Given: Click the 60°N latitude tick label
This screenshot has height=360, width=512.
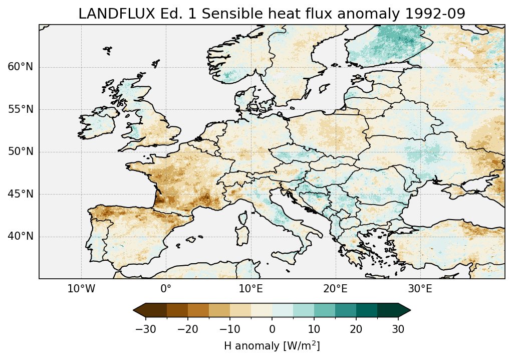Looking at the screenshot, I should (x=20, y=67).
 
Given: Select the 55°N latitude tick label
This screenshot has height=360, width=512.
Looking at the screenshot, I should (x=20, y=109).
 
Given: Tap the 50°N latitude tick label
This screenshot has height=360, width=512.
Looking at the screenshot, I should (x=20, y=152).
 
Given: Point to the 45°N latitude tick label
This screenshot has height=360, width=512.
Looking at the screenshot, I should (x=20, y=194).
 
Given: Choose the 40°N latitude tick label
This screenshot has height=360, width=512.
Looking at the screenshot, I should (x=20, y=236).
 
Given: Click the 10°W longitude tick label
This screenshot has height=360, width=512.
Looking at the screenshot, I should (x=81, y=289).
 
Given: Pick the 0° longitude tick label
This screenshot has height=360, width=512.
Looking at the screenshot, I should (x=166, y=289).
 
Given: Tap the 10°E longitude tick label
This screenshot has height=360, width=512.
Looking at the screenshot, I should (x=250, y=289).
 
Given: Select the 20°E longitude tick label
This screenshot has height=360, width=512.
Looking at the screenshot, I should (x=335, y=289).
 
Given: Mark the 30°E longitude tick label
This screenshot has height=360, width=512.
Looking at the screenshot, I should (x=420, y=289).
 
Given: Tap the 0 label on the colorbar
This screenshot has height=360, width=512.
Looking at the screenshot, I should (x=272, y=329).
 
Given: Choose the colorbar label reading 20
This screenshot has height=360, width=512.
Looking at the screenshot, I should (x=356, y=329).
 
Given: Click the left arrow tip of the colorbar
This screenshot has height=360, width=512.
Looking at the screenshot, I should (x=134, y=311).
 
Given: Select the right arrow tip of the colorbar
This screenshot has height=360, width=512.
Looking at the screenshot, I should (x=410, y=311).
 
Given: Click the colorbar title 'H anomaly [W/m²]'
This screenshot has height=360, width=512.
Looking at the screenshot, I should (x=272, y=346).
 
